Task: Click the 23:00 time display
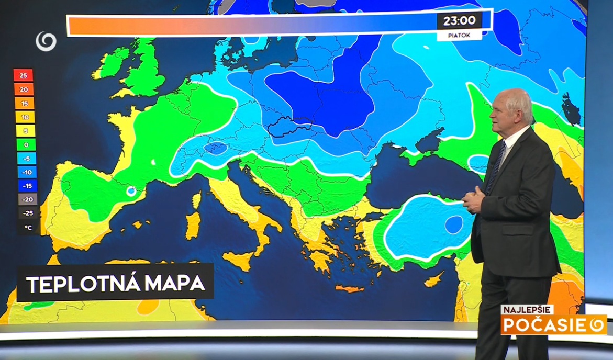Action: [x=459, y=21]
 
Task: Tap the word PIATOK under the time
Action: [x=459, y=36]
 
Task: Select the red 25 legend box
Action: [x=24, y=75]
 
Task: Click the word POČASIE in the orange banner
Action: [x=544, y=325]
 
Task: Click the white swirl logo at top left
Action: [x=46, y=41]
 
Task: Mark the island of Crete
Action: [x=349, y=288]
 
